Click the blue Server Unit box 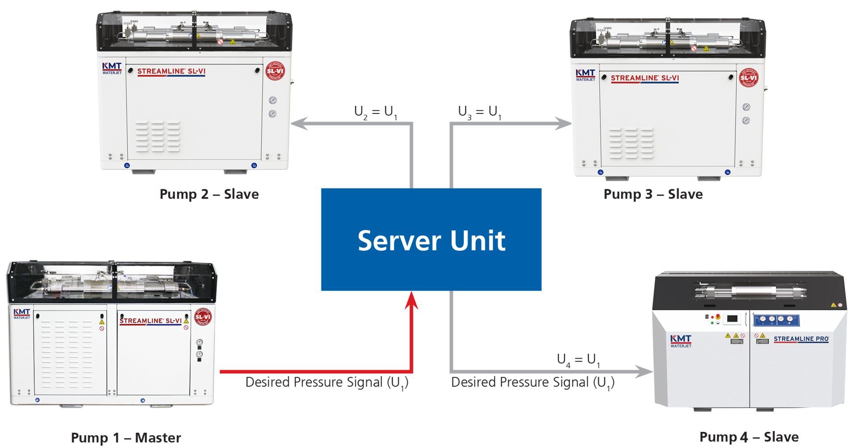[x=431, y=240]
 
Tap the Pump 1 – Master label [x=126, y=438]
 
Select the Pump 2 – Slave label [x=209, y=194]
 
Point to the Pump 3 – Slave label [x=653, y=194]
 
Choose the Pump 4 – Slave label [x=749, y=437]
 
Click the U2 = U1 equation [x=375, y=112]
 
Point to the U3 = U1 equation [x=479, y=112]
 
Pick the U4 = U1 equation [x=578, y=360]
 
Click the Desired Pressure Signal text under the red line [x=327, y=383]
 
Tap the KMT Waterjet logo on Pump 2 [x=112, y=68]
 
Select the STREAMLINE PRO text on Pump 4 [x=801, y=339]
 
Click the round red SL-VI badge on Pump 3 [x=749, y=78]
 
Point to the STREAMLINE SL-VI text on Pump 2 [x=171, y=71]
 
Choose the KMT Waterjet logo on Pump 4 [x=681, y=341]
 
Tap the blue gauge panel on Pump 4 [x=776, y=320]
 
